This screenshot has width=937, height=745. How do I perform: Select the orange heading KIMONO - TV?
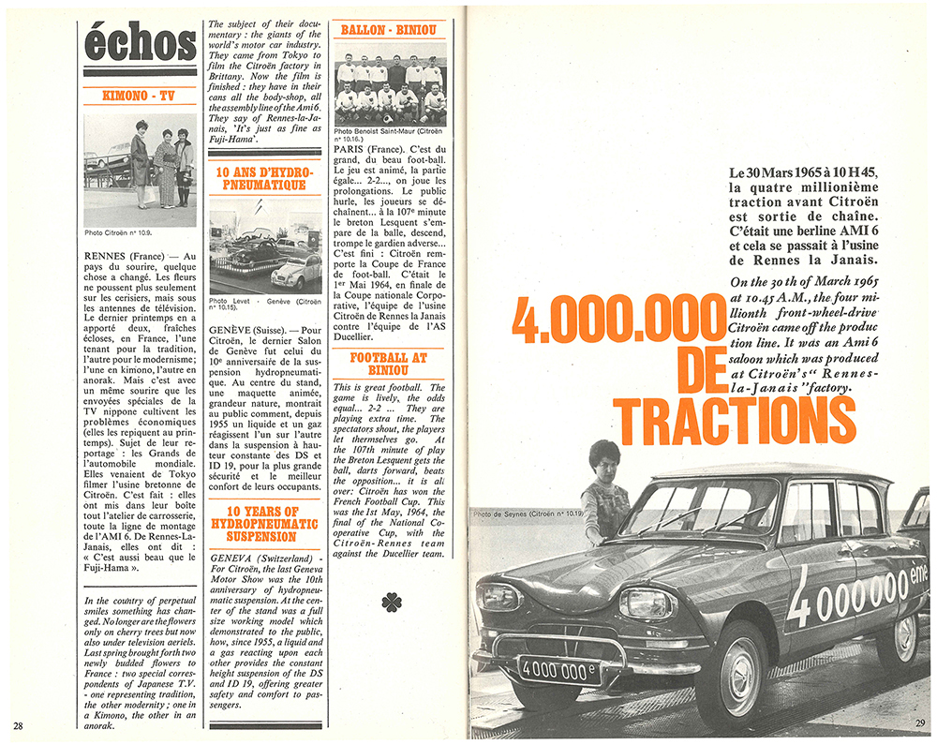[x=140, y=95]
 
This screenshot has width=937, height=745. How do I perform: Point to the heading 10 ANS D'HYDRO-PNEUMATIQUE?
[x=260, y=179]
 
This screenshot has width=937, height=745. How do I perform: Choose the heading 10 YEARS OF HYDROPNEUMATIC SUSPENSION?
[x=260, y=523]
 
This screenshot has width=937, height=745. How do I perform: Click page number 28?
[x=19, y=724]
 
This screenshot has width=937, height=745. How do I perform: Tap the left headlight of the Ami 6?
[x=503, y=597]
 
